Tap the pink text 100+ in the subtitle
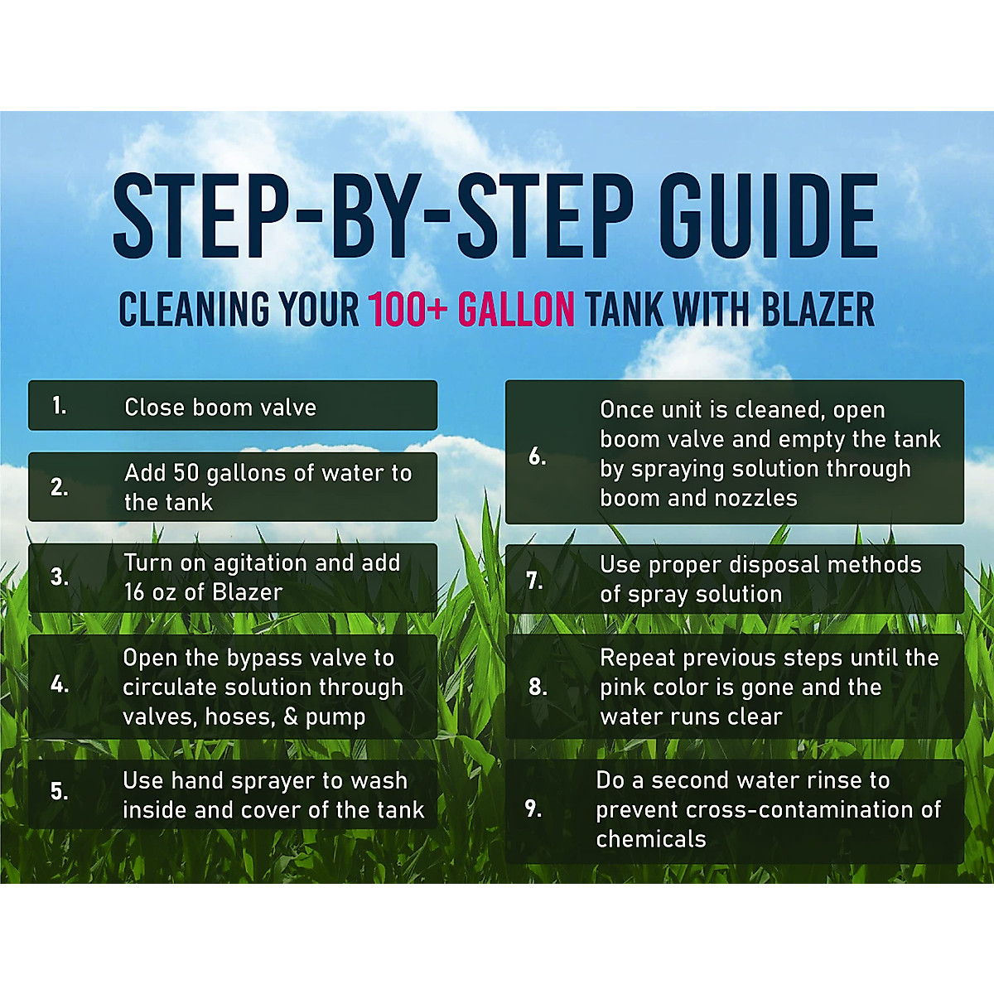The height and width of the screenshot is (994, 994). click(x=408, y=310)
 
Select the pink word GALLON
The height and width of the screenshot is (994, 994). click(x=516, y=310)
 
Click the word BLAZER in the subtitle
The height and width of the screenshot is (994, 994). click(x=818, y=310)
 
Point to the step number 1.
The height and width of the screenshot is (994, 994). click(x=59, y=405)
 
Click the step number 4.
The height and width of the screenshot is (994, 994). click(x=59, y=684)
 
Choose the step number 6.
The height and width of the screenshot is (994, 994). click(x=538, y=456)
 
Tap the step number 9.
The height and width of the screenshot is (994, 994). click(x=533, y=808)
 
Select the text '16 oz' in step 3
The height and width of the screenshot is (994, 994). click(x=151, y=592)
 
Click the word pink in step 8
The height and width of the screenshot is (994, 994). click(x=623, y=688)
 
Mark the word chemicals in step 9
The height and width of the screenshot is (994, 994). click(x=651, y=839)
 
